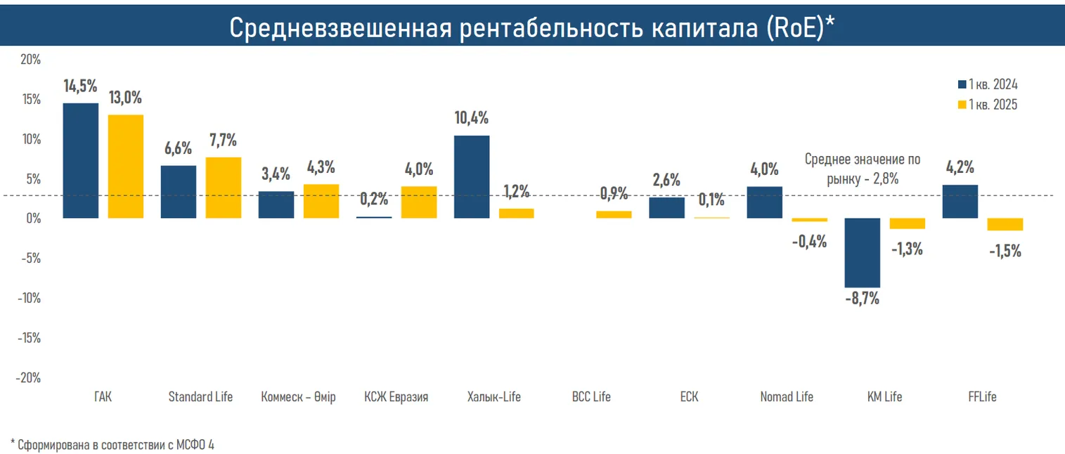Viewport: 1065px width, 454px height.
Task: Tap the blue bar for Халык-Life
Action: click(472, 176)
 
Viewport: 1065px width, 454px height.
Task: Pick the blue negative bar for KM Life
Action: click(862, 252)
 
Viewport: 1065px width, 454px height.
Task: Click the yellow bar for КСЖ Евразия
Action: click(419, 202)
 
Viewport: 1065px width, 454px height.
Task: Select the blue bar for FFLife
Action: click(960, 201)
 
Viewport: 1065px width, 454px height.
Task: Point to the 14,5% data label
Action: click(80, 86)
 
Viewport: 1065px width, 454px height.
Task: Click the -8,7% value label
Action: click(862, 298)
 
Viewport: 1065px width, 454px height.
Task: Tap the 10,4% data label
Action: click(471, 118)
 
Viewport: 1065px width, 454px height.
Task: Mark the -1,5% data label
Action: click(1005, 251)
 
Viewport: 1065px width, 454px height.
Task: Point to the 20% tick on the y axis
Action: click(30, 60)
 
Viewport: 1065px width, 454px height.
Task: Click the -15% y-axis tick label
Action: click(27, 337)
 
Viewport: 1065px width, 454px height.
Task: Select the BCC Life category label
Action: click(591, 397)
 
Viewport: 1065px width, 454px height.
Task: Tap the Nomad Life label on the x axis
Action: click(787, 397)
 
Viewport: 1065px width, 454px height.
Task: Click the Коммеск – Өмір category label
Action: click(298, 397)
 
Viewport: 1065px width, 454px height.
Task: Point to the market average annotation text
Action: click(862, 169)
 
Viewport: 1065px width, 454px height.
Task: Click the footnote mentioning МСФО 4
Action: click(112, 444)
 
